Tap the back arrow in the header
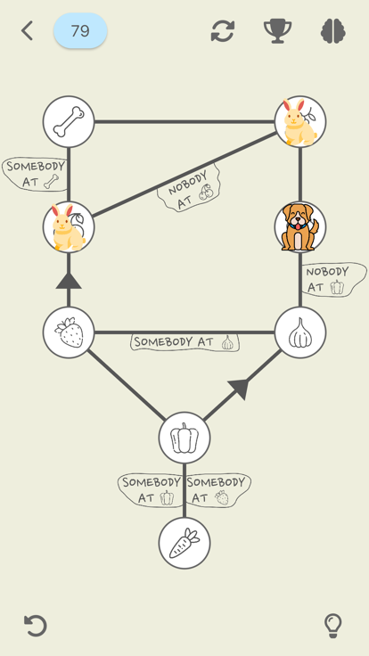27,31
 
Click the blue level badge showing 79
80,31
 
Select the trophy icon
277,31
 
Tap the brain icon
333,31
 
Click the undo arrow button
35,625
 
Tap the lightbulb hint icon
332,625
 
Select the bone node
69,121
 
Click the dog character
299,227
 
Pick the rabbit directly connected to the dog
299,121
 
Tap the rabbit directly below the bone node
69,227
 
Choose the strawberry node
69,332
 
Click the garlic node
299,332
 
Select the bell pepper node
184,438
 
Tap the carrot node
184,543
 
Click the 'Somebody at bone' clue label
35,174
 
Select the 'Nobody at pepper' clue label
332,279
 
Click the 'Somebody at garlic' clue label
184,341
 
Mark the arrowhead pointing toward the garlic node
238,388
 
